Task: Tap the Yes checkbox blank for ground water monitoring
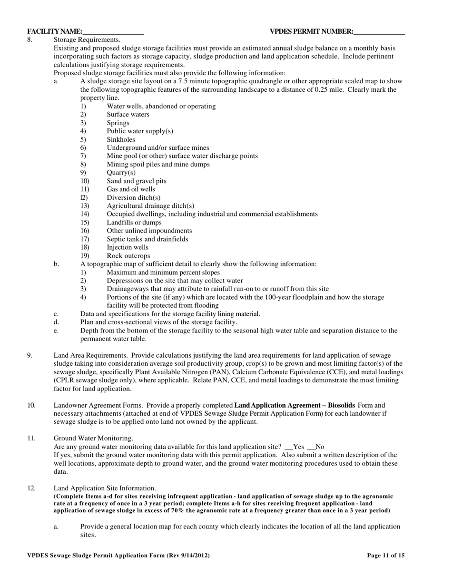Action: [288, 447]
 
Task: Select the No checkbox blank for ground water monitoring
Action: [312, 447]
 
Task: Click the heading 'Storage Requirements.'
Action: [87, 39]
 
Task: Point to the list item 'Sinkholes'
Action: [121, 139]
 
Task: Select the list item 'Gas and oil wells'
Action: [131, 189]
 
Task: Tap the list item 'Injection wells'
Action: [128, 247]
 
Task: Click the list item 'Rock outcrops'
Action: [128, 256]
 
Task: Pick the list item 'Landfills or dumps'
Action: [134, 223]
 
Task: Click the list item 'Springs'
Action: [118, 123]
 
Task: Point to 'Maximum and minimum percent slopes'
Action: [163, 273]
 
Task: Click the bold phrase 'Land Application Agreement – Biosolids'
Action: [295, 405]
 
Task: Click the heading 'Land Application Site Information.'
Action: [105, 488]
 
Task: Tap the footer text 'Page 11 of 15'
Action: [386, 555]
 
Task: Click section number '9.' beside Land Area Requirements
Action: [29, 355]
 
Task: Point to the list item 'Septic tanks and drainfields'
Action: [147, 239]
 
